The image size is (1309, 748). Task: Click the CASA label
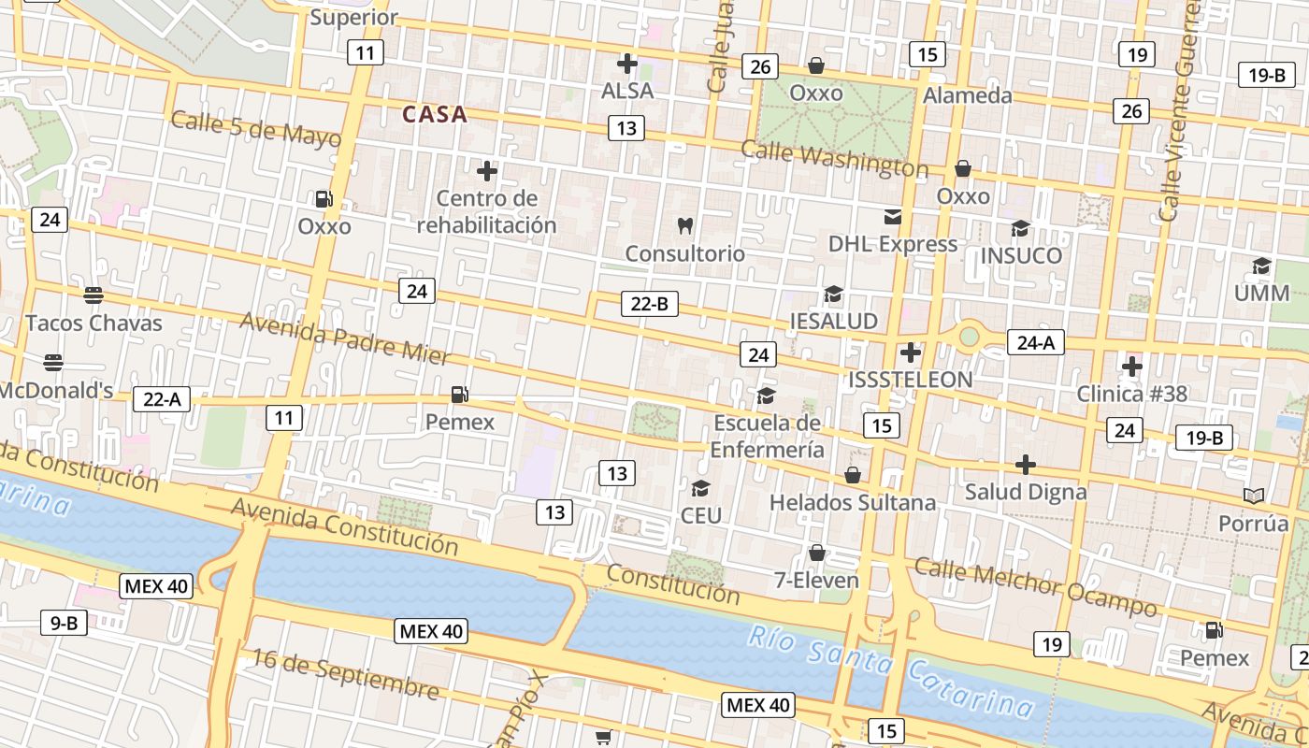434,114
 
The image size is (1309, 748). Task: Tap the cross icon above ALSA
627,64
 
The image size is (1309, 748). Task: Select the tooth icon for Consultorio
684,225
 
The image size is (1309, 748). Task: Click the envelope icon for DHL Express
893,217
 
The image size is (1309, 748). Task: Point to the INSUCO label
1021,255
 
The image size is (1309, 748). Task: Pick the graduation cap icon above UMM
1261,266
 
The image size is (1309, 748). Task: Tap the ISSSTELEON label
910,380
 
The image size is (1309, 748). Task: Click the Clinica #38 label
1131,394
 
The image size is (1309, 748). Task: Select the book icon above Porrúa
1253,496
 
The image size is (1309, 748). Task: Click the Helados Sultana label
852,502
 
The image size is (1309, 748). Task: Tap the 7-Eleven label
816,580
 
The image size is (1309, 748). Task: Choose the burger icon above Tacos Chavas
93,295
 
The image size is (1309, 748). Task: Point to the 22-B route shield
650,303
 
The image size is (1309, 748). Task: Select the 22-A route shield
162,399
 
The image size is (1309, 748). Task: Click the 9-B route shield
64,622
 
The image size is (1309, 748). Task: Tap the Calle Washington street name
834,159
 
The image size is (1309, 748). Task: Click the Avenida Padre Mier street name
345,338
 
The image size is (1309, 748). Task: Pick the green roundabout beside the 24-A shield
969,336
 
